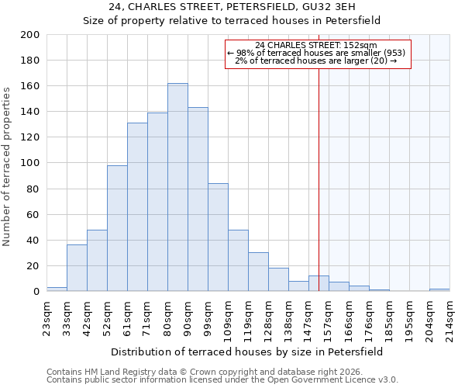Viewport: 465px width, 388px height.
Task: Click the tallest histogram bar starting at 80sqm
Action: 177,187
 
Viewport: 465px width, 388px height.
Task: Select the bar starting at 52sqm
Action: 117,228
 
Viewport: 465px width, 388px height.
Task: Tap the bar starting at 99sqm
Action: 218,237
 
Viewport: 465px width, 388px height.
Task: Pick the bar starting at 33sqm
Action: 77,268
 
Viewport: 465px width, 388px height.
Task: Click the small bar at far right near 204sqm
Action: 439,289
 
